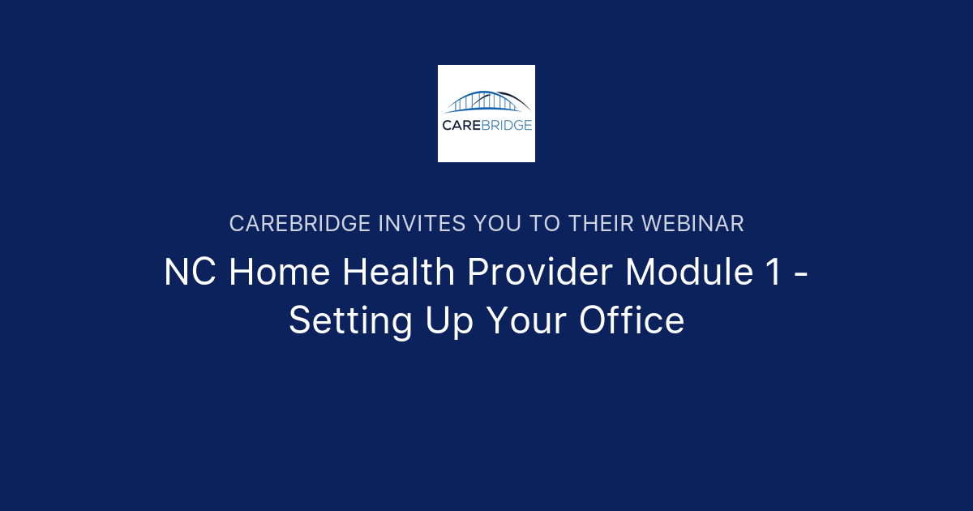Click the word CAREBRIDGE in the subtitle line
point(300,224)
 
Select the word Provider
point(540,273)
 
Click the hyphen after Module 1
point(800,274)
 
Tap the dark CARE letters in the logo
point(462,125)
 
